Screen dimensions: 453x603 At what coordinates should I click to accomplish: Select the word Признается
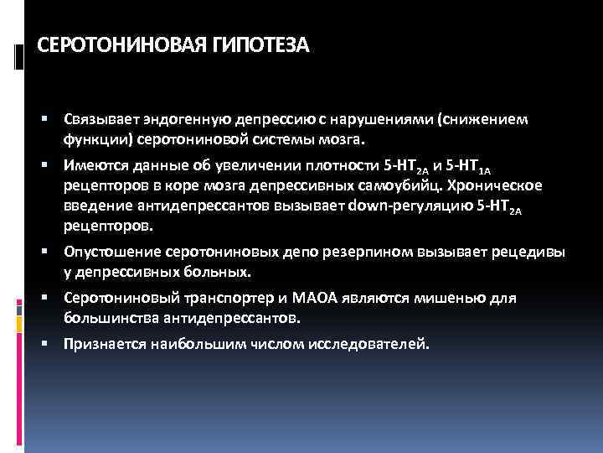click(x=103, y=343)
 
